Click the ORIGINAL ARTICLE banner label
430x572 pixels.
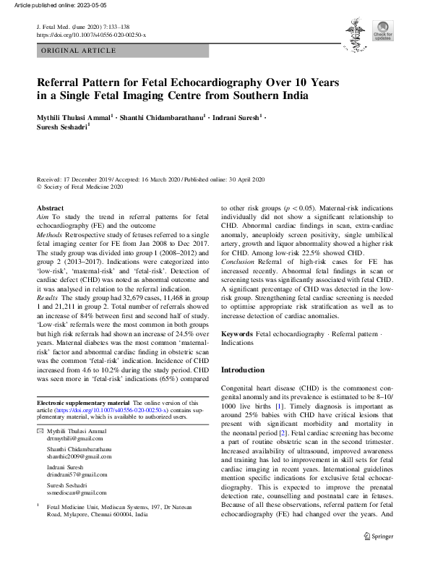[x=79, y=51]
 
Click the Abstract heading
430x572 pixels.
[x=50, y=208]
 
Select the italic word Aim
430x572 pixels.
[x=43, y=216]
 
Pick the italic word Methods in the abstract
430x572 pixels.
[x=50, y=235]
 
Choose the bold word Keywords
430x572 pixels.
[x=237, y=334]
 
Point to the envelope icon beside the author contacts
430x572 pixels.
[x=40, y=430]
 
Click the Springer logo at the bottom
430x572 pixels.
[x=378, y=557]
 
